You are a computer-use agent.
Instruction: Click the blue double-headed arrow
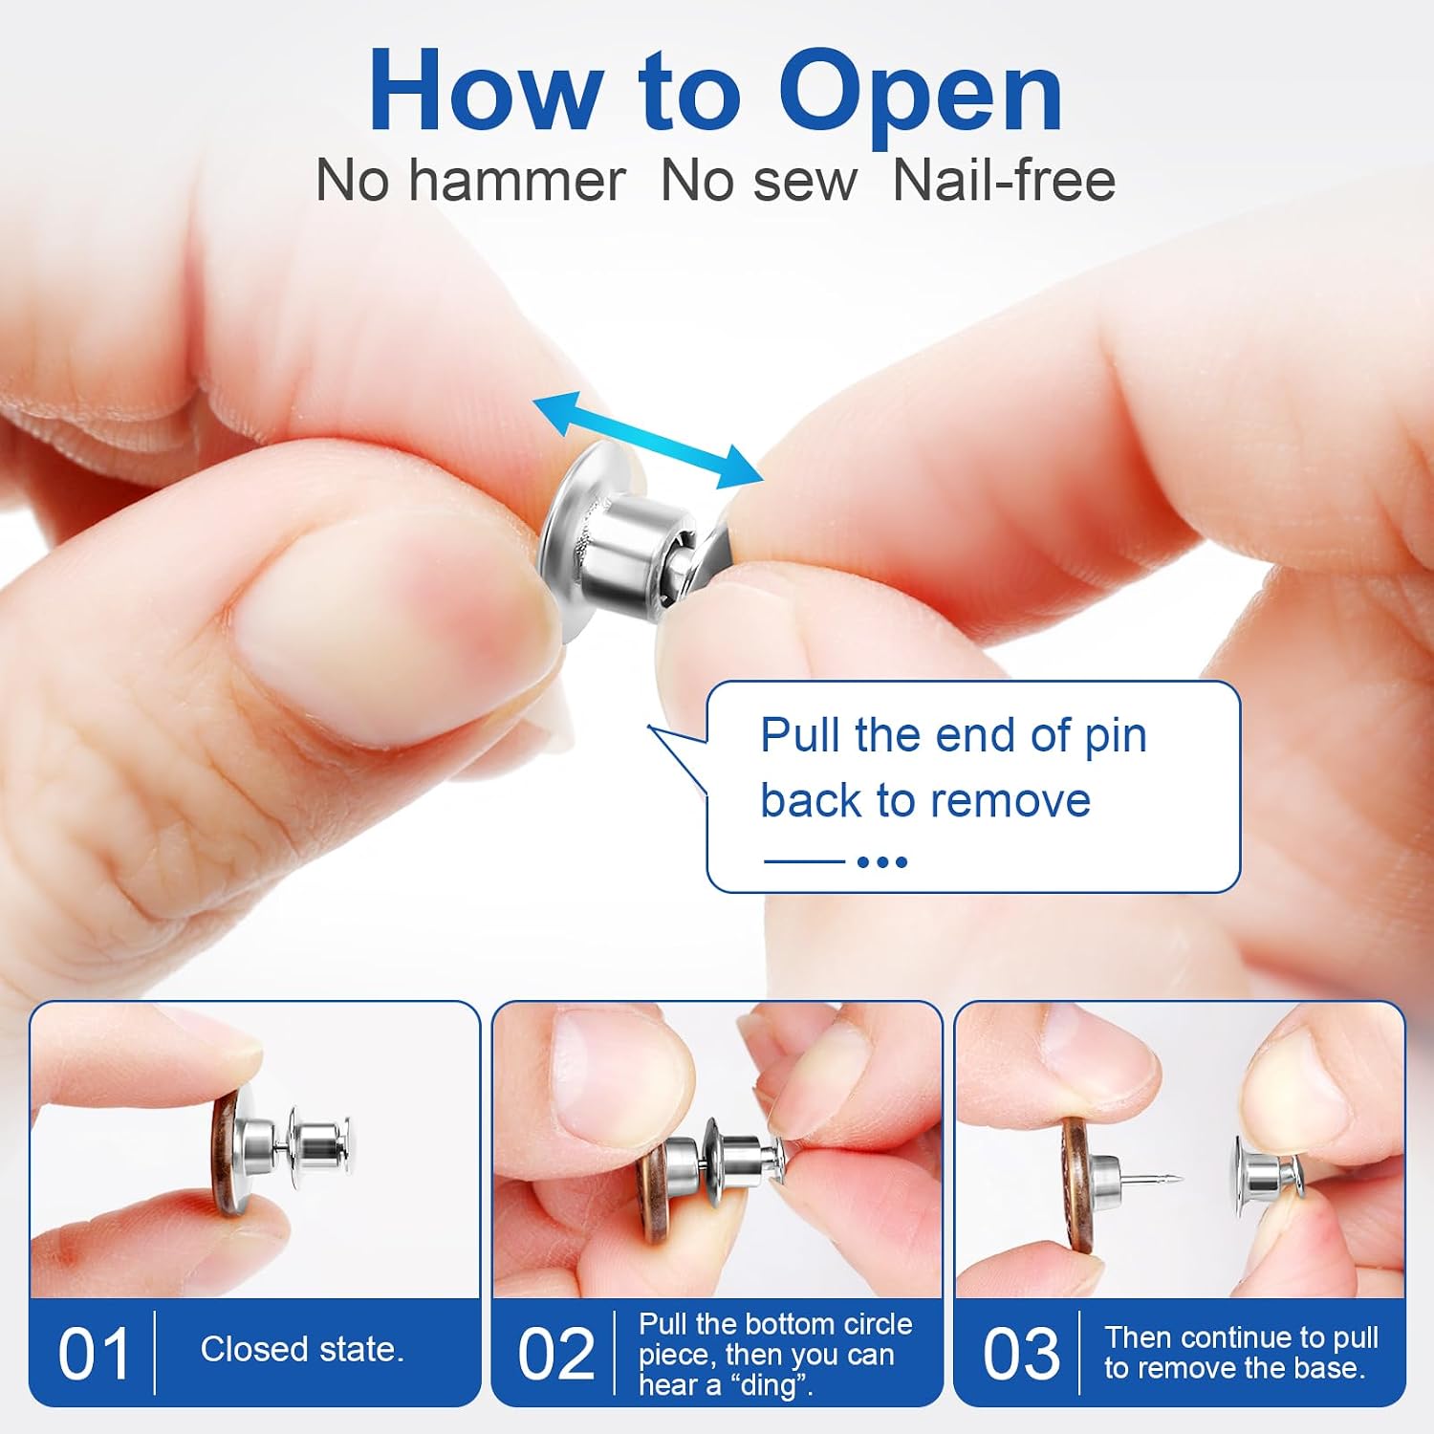648,440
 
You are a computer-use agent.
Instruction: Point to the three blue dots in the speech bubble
881,861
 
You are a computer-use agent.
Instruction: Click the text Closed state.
302,1349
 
